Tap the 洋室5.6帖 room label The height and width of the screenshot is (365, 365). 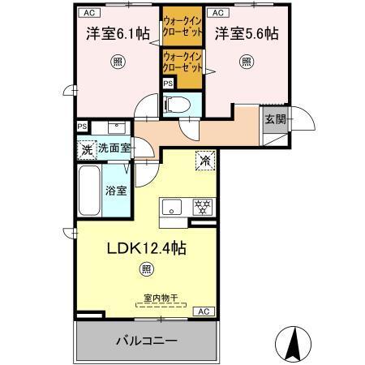[x=247, y=34]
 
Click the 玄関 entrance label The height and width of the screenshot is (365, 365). [x=274, y=118]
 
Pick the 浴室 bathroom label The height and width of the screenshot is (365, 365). [x=115, y=191]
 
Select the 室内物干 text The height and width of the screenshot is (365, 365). [x=160, y=298]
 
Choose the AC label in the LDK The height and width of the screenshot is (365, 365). [x=203, y=311]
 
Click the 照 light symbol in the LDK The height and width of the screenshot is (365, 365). [x=146, y=269]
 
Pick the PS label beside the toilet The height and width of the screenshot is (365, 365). [x=168, y=84]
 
